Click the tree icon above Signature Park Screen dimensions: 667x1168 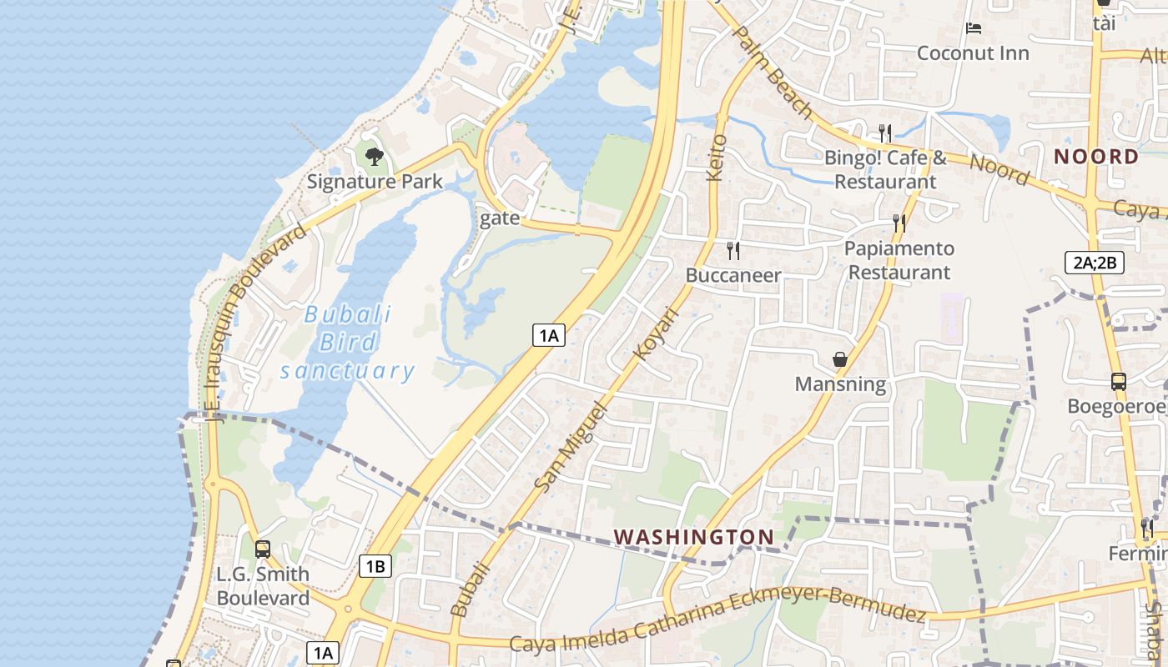[375, 156]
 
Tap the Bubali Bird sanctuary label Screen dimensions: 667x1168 [347, 343]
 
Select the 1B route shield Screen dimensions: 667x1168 [375, 567]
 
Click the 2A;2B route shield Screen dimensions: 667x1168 [1095, 263]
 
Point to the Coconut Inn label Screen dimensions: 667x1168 [973, 53]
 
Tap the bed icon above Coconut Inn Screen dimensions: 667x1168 [973, 28]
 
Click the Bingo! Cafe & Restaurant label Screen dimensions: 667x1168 [885, 169]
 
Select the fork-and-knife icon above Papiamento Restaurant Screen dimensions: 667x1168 [899, 223]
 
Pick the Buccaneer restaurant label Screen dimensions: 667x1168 [733, 275]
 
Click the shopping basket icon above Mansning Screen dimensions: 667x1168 [840, 359]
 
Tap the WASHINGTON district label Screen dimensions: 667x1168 [694, 537]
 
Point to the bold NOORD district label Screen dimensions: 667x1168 [1096, 157]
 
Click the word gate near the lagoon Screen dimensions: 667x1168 [500, 218]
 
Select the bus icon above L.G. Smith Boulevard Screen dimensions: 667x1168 [263, 549]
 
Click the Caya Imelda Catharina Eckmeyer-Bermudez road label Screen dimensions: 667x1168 [717, 619]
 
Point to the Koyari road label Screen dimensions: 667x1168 [657, 333]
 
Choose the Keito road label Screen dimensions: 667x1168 [717, 157]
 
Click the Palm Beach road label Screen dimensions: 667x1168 [772, 72]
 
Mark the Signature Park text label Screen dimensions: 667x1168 [375, 182]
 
